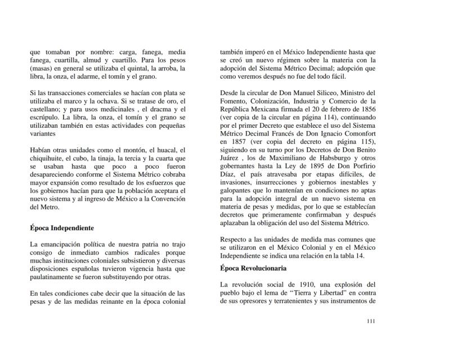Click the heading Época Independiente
61,228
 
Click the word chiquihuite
48,159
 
